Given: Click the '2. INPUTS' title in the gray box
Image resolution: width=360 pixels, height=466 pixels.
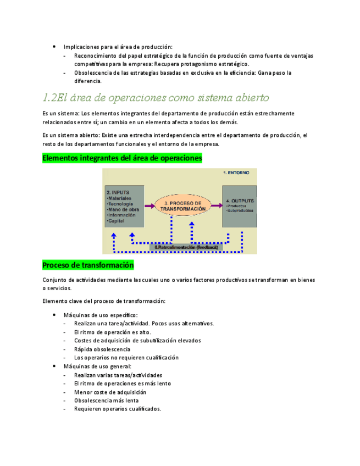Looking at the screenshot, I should [117, 192].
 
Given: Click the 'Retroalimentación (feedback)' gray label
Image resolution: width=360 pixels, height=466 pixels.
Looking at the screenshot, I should [187, 248].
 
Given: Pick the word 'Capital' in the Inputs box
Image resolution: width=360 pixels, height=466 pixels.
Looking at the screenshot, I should [116, 221].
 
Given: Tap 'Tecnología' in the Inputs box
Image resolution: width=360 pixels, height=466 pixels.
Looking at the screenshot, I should [119, 204].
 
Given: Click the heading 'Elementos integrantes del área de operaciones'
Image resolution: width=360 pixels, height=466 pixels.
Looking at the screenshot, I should [122, 158].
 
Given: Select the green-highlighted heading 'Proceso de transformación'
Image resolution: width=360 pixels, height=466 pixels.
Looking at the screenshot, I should [88, 265].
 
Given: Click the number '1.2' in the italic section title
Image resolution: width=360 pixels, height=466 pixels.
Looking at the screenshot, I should [50, 98].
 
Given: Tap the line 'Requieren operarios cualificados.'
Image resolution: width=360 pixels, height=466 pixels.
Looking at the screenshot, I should [117, 409].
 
